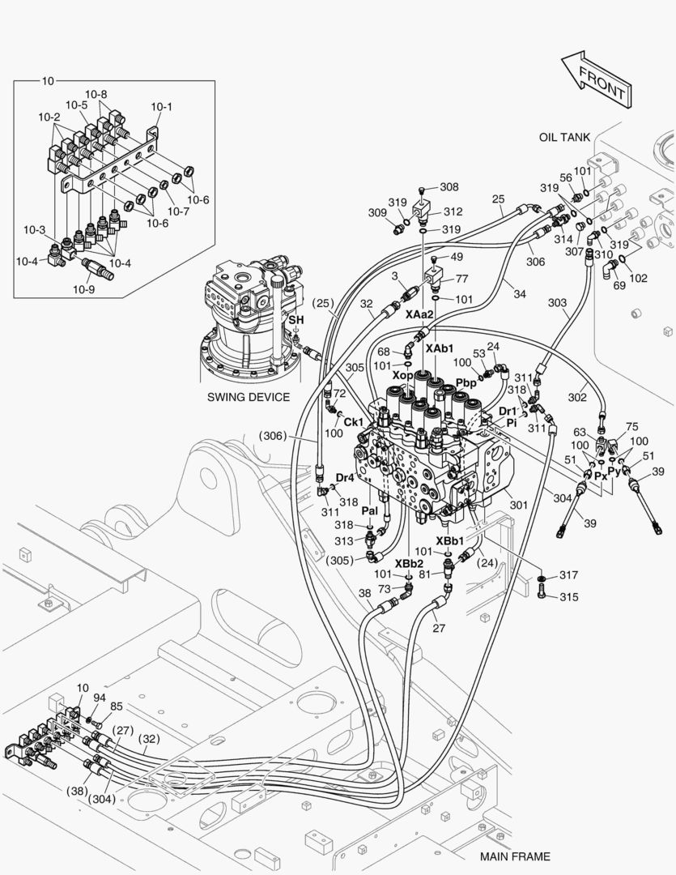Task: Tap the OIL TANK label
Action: pyautogui.click(x=564, y=137)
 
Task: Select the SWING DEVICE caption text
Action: pyautogui.click(x=248, y=397)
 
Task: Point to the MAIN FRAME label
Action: pyautogui.click(x=514, y=856)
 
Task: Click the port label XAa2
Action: pyautogui.click(x=420, y=314)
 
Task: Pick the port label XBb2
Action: pyautogui.click(x=409, y=563)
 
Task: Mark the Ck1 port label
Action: pyautogui.click(x=353, y=422)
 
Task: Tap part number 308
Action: pyautogui.click(x=449, y=186)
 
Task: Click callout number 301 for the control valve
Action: pyautogui.click(x=518, y=505)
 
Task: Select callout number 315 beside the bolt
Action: pyautogui.click(x=568, y=597)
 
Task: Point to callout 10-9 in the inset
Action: pyautogui.click(x=84, y=288)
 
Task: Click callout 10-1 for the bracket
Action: pyautogui.click(x=161, y=106)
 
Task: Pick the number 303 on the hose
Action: pyautogui.click(x=557, y=302)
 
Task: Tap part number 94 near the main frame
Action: pyautogui.click(x=100, y=697)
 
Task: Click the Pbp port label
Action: pyautogui.click(x=466, y=382)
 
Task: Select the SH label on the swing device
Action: pyautogui.click(x=297, y=321)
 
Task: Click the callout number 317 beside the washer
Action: pyautogui.click(x=568, y=575)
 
